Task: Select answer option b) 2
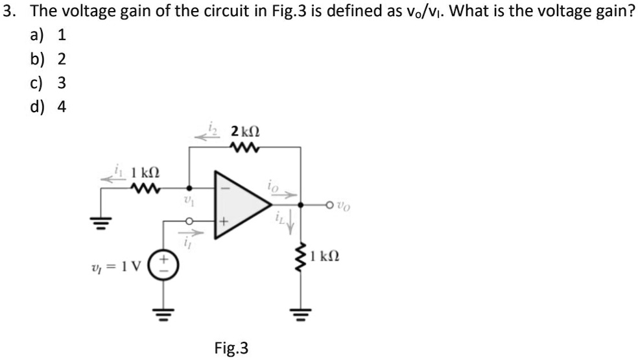[x=49, y=60]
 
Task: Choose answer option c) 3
[x=49, y=83]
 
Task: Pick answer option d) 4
[x=49, y=106]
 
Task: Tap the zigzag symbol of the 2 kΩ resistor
[x=244, y=147]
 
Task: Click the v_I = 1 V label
[x=119, y=267]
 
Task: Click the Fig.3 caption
[x=231, y=348]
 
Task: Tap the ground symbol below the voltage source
[x=159, y=318]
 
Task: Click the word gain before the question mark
[x=592, y=12]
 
